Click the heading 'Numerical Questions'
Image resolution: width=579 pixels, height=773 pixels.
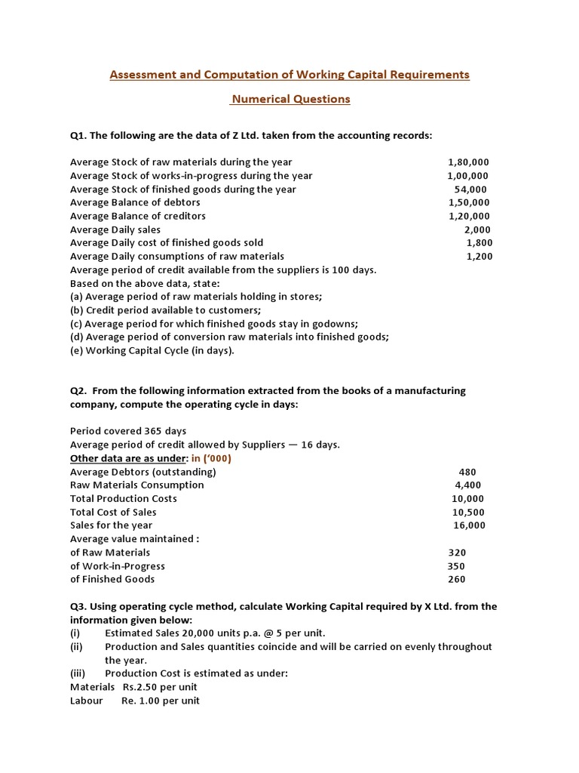[290, 99]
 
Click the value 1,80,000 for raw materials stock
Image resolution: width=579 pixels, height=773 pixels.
[468, 162]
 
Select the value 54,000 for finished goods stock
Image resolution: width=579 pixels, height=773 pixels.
[470, 189]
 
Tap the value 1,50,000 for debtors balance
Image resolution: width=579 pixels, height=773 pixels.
[468, 202]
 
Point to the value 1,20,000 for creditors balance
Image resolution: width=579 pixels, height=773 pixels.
[468, 216]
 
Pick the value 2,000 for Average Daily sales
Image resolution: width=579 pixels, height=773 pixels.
[476, 229]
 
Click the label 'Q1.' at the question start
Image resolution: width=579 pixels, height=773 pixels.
[78, 136]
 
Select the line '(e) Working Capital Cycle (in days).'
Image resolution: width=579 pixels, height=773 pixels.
[152, 350]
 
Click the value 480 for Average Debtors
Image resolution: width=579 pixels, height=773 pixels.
[467, 472]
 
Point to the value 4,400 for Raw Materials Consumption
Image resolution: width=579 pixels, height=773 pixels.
[467, 485]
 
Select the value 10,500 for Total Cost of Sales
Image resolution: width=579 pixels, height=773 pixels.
[467, 512]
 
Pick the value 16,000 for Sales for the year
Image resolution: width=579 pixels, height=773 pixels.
[469, 525]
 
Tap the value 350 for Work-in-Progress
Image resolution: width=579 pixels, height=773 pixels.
[456, 566]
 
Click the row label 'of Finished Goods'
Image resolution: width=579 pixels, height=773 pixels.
[112, 579]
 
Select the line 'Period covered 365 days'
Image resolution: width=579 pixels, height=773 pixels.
[128, 431]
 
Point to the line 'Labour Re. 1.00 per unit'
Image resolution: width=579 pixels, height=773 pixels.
[135, 701]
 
